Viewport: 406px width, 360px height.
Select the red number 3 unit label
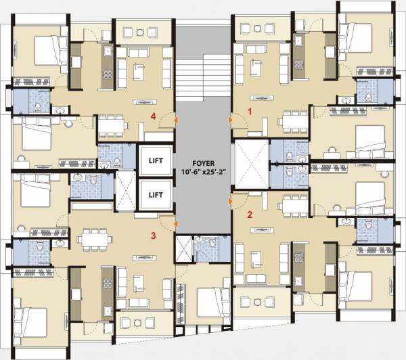(154, 235)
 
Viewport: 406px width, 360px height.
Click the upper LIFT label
(156, 161)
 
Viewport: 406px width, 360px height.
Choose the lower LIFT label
(156, 195)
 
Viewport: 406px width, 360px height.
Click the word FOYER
(202, 162)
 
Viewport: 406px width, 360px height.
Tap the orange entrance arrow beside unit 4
(175, 120)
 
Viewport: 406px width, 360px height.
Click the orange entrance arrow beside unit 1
(231, 120)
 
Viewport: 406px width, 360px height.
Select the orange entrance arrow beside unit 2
(231, 200)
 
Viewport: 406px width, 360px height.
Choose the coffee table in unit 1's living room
(258, 68)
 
